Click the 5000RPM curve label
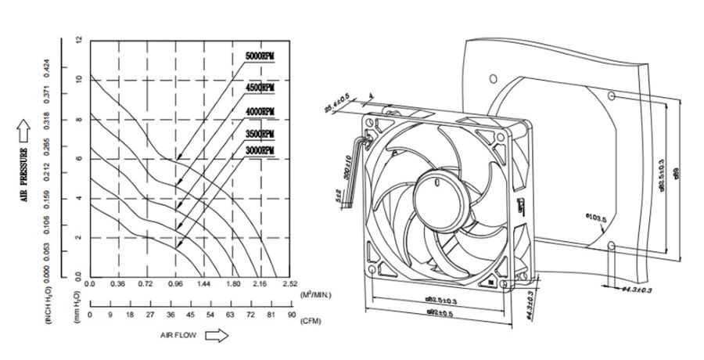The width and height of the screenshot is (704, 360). click(x=260, y=57)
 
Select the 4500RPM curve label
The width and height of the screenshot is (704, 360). click(x=260, y=88)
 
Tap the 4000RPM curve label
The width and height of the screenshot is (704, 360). click(x=260, y=112)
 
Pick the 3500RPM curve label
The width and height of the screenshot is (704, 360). click(x=260, y=134)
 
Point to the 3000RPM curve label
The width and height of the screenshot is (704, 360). click(x=260, y=149)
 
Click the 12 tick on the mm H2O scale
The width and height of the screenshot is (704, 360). click(x=78, y=40)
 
